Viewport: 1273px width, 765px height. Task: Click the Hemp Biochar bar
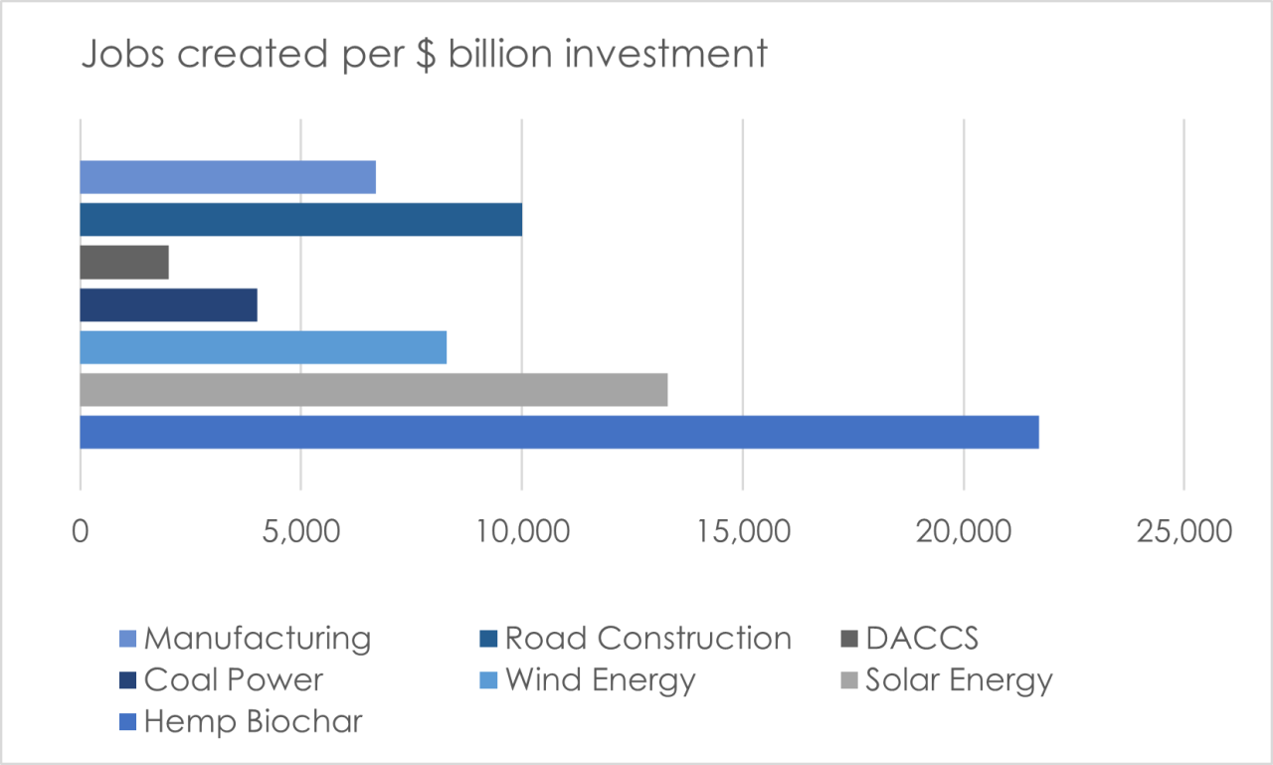pos(559,432)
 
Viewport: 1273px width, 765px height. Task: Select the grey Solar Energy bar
pos(374,390)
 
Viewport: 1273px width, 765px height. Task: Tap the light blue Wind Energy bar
pos(264,347)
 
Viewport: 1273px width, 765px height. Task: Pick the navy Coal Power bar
pos(169,305)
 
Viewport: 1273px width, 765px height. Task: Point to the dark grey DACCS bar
pos(124,263)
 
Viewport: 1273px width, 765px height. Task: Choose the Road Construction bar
pos(301,220)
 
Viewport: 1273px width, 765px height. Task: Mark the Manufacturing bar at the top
pos(228,177)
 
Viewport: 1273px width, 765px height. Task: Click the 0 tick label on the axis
pos(81,532)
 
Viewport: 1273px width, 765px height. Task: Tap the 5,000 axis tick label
pos(301,532)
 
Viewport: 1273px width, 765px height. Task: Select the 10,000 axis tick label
pos(522,532)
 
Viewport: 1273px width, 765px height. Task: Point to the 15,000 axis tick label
pos(743,532)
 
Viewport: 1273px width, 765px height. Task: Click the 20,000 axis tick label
pos(964,532)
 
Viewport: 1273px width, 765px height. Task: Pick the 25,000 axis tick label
pos(1184,532)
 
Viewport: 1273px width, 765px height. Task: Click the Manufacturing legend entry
pos(246,639)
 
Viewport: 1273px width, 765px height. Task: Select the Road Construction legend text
pos(648,639)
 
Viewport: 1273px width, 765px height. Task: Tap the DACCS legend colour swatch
pos(849,639)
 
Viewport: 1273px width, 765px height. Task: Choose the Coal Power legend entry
pos(222,679)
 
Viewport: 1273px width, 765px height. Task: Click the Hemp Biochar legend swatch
pos(128,722)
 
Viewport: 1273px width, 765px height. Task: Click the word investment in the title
pos(666,54)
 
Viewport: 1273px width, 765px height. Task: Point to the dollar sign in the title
pos(427,55)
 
